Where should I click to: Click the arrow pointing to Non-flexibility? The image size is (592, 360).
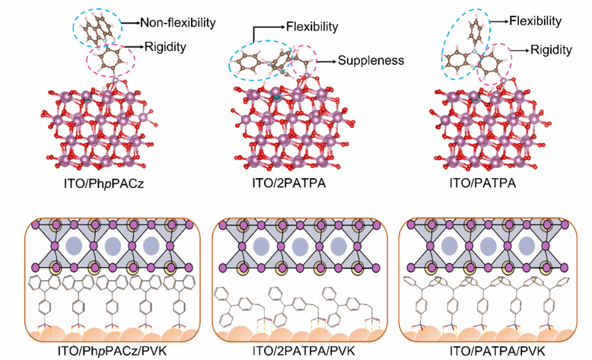click(136, 15)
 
